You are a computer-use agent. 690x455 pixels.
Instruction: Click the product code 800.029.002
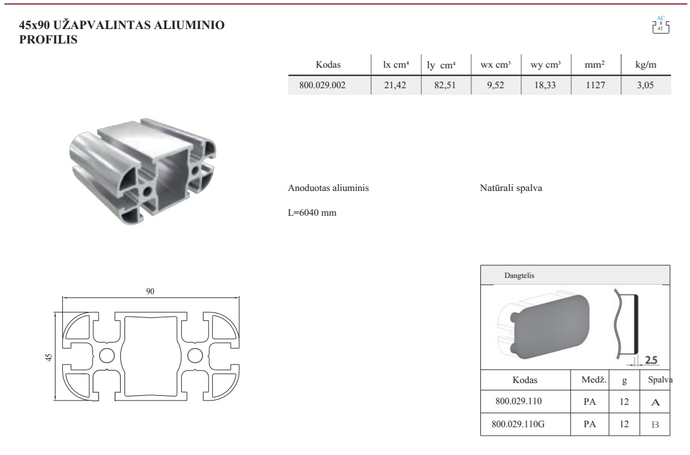point(322,85)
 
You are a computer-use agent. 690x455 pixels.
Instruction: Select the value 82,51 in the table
point(445,85)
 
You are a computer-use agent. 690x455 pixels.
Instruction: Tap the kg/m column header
point(645,65)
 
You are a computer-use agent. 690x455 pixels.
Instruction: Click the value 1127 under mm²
point(595,85)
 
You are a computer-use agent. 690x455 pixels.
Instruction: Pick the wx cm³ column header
point(495,65)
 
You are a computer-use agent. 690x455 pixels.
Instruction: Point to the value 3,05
point(645,85)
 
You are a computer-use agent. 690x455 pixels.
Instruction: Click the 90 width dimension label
point(150,291)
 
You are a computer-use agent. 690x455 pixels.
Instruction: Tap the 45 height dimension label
point(49,357)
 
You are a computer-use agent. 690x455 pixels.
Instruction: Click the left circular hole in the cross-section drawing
point(107,355)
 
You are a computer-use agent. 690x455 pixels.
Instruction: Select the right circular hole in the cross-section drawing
point(195,355)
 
